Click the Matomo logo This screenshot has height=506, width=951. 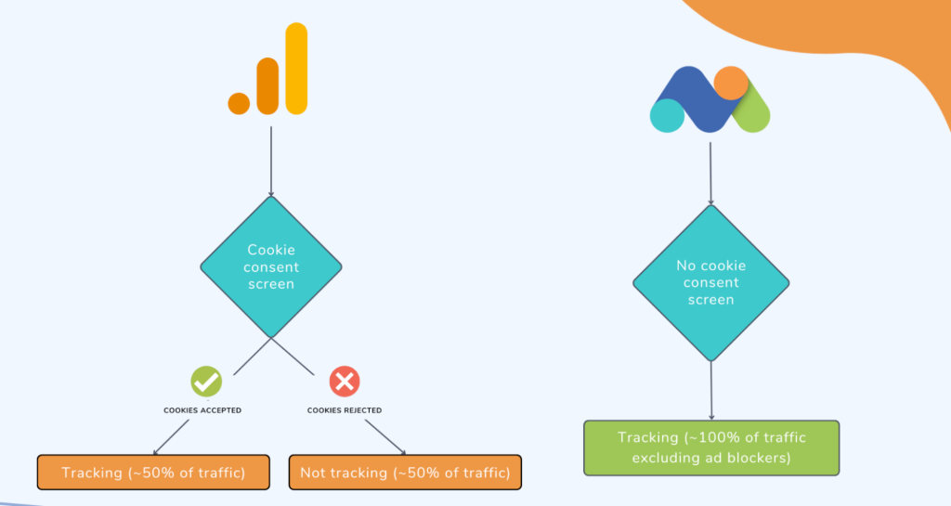710,99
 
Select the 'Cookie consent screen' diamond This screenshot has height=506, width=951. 271,266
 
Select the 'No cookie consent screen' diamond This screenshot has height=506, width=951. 711,282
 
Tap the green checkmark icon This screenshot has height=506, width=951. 206,381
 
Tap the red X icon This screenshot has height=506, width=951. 345,381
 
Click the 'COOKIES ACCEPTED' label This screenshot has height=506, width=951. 202,409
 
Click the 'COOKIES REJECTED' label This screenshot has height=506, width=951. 345,409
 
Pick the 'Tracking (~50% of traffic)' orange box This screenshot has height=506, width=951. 153,473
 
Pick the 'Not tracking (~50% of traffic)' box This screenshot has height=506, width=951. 405,473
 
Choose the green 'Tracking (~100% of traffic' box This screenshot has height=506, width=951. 711,448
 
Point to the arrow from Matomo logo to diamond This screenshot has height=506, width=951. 711,173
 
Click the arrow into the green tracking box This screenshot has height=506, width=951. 711,390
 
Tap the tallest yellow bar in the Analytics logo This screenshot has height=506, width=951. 296,70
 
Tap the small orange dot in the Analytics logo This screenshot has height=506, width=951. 240,103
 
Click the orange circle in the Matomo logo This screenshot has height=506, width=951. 732,83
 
